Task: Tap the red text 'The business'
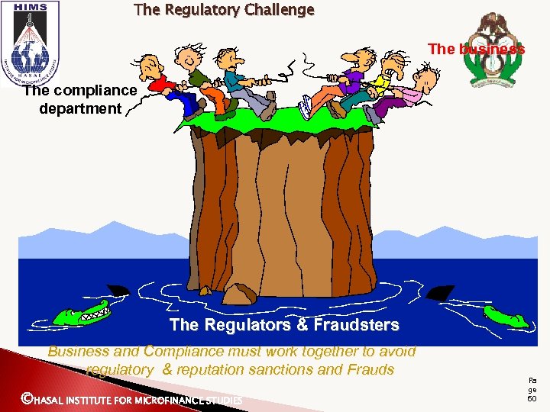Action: point(476,49)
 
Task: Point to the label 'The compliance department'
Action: point(79,99)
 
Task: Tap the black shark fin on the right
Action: point(442,292)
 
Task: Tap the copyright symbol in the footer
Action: point(27,398)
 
